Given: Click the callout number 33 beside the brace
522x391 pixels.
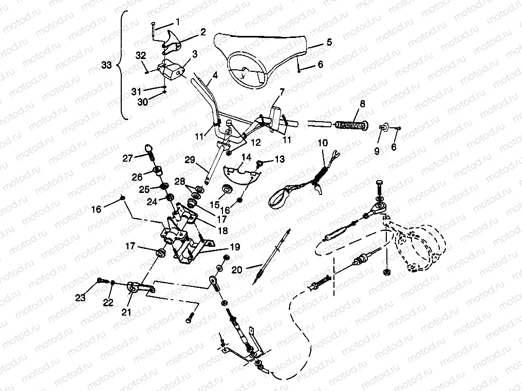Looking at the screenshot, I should [x=106, y=65].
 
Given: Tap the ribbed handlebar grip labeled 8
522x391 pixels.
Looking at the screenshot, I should [x=350, y=125].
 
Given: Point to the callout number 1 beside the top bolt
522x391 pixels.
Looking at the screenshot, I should [x=178, y=22].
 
